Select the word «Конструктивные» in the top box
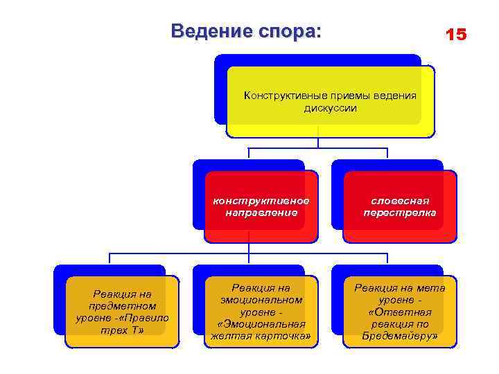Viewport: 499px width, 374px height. pos(285,95)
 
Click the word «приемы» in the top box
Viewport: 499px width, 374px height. pos(350,95)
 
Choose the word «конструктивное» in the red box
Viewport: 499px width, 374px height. pos(261,200)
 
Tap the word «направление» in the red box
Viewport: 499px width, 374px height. pos(261,212)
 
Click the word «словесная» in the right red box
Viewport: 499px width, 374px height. pos(400,200)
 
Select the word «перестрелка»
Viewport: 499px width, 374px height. pos(400,212)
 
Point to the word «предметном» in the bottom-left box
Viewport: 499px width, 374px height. pos(122,305)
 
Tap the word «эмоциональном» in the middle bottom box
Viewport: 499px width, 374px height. pos(261,299)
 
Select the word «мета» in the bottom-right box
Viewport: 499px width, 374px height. pos(431,287)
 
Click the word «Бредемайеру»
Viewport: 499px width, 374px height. pos(399,336)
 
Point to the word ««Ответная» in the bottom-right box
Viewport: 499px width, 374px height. pos(400,312)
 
